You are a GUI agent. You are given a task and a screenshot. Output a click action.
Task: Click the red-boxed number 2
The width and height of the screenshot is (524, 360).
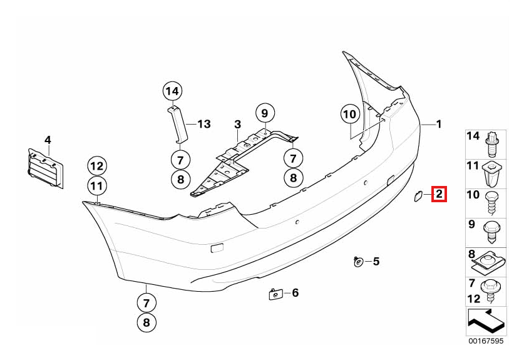tap(439, 194)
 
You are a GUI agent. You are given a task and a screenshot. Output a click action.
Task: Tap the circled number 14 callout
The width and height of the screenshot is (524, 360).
tap(172, 91)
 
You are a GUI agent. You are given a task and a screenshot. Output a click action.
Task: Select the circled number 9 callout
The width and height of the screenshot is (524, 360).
tap(265, 114)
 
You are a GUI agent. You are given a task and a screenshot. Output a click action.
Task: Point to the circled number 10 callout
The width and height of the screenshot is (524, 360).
tap(350, 115)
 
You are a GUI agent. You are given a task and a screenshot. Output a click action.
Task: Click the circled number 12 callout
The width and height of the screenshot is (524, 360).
tap(97, 166)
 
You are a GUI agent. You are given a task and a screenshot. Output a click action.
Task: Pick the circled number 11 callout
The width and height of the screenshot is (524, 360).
tap(97, 186)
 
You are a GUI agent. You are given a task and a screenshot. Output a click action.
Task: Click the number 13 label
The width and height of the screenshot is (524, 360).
tap(204, 125)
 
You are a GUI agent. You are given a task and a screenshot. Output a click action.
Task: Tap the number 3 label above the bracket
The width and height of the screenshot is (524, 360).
tap(238, 125)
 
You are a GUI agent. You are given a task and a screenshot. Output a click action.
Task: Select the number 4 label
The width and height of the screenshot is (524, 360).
tap(48, 140)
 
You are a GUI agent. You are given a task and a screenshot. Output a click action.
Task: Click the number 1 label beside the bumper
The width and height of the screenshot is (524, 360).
tap(439, 125)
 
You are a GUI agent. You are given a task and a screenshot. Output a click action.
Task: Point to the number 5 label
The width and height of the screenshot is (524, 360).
tap(376, 262)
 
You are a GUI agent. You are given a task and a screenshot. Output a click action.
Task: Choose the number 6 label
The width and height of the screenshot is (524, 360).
tap(295, 293)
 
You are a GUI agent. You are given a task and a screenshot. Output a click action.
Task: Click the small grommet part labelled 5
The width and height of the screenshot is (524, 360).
tap(358, 262)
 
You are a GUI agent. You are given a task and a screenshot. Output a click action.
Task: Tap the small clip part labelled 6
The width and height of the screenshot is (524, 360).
tap(275, 294)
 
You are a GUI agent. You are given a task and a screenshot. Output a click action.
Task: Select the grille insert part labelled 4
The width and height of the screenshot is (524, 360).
tap(46, 168)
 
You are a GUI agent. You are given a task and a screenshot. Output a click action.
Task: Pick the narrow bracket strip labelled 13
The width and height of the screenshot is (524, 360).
tap(178, 124)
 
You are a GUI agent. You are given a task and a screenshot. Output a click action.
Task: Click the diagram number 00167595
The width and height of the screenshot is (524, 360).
tap(486, 341)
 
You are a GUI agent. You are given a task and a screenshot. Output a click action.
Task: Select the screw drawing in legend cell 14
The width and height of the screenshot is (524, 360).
tap(491, 145)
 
